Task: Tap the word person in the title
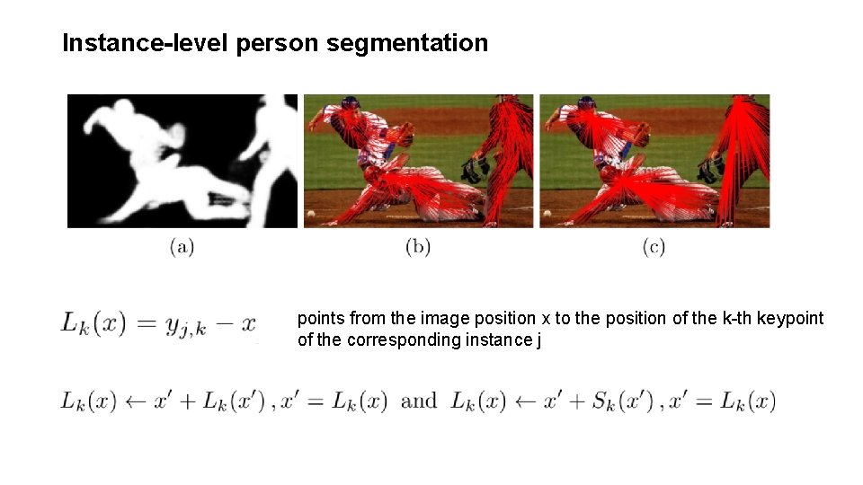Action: click(x=279, y=43)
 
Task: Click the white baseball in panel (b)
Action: click(x=311, y=214)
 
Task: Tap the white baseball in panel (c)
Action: click(x=547, y=214)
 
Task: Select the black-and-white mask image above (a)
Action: click(x=182, y=161)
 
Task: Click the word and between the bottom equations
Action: click(x=419, y=401)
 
